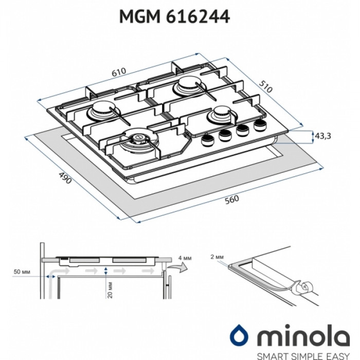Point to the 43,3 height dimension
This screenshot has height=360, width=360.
[x=323, y=136]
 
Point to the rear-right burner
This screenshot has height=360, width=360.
[x=186, y=86]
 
